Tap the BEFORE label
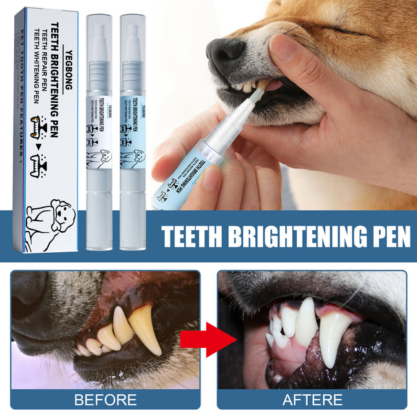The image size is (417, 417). (x=105, y=400)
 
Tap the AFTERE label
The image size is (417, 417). (x=313, y=400)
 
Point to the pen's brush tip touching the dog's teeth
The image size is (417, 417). (x=262, y=91)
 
